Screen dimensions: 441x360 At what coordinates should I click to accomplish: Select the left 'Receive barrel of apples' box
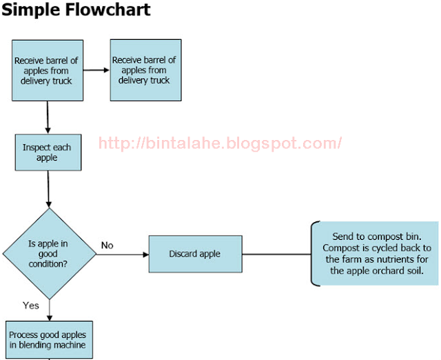(x=48, y=70)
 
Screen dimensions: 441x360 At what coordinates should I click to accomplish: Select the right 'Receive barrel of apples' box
(x=145, y=70)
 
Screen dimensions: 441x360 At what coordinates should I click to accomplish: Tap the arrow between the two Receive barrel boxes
(x=96, y=70)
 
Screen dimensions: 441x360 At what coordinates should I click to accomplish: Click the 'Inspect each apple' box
(x=48, y=152)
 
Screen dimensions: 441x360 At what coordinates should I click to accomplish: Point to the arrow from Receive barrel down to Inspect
(x=48, y=117)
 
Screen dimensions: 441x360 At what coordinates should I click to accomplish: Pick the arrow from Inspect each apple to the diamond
(x=48, y=189)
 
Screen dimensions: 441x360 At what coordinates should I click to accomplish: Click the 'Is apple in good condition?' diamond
(x=50, y=254)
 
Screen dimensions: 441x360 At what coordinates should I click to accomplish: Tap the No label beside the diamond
(x=107, y=245)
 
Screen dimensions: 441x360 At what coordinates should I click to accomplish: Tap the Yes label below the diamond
(x=30, y=306)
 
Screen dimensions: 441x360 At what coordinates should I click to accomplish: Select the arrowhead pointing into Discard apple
(x=145, y=254)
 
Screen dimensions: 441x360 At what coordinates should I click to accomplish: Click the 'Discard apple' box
(x=196, y=254)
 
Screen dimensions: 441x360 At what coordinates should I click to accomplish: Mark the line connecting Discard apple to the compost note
(x=277, y=254)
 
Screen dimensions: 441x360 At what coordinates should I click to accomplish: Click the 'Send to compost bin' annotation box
(x=375, y=254)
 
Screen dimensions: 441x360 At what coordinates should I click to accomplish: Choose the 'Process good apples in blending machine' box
(x=49, y=340)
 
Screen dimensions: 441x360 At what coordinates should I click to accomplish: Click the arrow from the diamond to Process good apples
(x=50, y=310)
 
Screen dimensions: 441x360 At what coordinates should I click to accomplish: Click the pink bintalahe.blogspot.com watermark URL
(x=220, y=143)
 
